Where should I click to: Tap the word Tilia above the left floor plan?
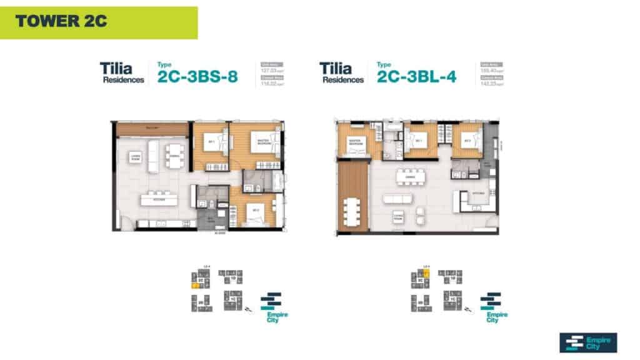point(115,67)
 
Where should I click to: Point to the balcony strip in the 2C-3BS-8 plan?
point(152,129)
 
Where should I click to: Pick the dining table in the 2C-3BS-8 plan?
point(174,154)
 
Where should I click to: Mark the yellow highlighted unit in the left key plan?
point(195,286)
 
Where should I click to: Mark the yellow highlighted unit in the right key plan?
point(426,273)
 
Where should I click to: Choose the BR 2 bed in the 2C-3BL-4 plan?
point(467,141)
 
